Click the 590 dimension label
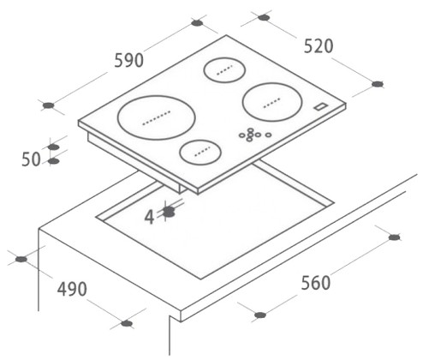pyautogui.click(x=128, y=60)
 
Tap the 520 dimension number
pyautogui.click(x=319, y=46)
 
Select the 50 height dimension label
pyautogui.click(x=31, y=159)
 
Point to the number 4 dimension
pyautogui.click(x=149, y=217)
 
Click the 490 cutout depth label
pyautogui.click(x=72, y=289)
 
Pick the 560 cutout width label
pyautogui.click(x=316, y=283)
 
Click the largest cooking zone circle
pyautogui.click(x=157, y=117)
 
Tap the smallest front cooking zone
pyautogui.click(x=200, y=152)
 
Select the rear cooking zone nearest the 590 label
pyautogui.click(x=224, y=70)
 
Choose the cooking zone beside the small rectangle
pyautogui.click(x=272, y=102)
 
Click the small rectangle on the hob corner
pyautogui.click(x=321, y=106)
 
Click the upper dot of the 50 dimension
pyautogui.click(x=54, y=147)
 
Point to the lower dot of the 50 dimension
pyautogui.click(x=54, y=161)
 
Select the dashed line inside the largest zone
pyautogui.click(x=157, y=117)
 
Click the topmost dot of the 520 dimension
pyautogui.click(x=264, y=18)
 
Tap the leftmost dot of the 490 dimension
pyautogui.click(x=21, y=260)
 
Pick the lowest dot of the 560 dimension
pyautogui.click(x=260, y=315)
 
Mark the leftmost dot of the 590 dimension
pyautogui.click(x=49, y=105)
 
